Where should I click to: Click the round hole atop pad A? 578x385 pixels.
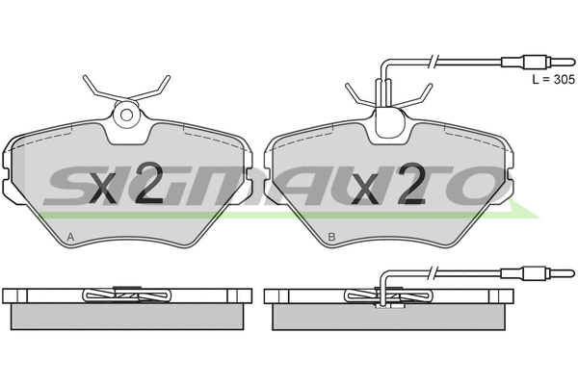pos(125,116)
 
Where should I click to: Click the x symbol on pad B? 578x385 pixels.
pos(367,189)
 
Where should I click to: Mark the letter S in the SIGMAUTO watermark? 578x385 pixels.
pos(72,183)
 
